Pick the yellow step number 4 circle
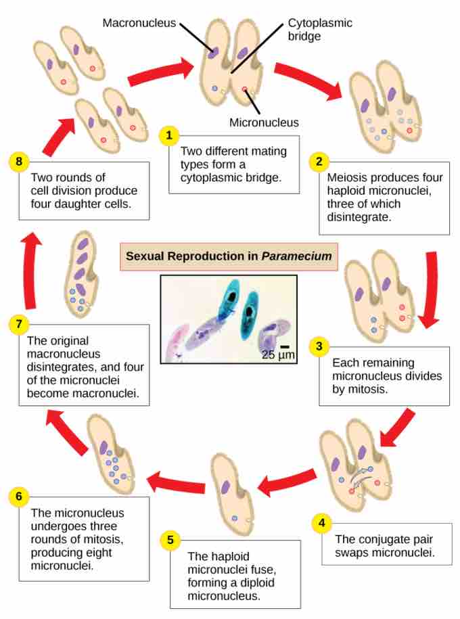pos(321,522)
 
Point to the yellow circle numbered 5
pos(170,539)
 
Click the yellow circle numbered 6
pos(19,497)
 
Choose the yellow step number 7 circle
pos(19,324)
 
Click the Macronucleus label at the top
pos(139,23)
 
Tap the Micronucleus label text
pos(264,122)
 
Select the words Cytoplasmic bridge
pos(320,29)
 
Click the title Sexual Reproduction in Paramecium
pos(229,256)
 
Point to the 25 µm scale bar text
pos(278,354)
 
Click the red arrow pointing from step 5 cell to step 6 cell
pos(175,482)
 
